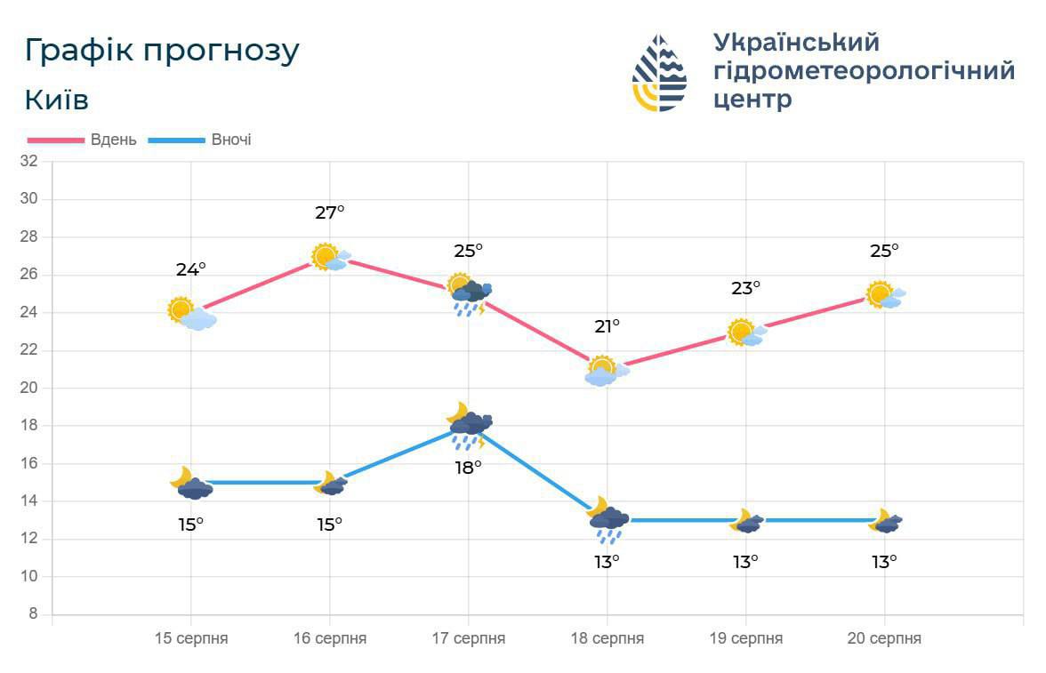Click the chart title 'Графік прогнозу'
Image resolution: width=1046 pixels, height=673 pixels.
click(x=162, y=51)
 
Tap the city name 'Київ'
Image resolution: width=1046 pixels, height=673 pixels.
click(x=57, y=100)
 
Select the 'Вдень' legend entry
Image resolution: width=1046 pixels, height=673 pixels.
click(x=113, y=140)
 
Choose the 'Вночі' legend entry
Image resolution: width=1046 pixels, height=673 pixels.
click(x=231, y=140)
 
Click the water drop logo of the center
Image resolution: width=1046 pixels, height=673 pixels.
click(x=659, y=73)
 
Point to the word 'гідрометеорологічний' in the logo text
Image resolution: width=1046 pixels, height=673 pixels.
click(x=864, y=70)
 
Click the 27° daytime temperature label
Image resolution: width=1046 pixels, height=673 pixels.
click(x=329, y=212)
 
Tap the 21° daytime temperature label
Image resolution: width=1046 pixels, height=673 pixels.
click(x=607, y=326)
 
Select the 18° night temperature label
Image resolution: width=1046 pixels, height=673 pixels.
click(x=468, y=467)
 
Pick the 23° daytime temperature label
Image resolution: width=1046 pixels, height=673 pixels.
click(x=745, y=288)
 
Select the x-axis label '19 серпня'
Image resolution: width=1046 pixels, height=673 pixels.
click(x=745, y=638)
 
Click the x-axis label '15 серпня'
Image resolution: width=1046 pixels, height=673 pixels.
click(x=190, y=638)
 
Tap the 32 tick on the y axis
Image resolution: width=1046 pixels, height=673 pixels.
click(x=29, y=161)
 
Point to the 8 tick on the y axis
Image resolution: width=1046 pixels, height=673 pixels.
click(x=33, y=614)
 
